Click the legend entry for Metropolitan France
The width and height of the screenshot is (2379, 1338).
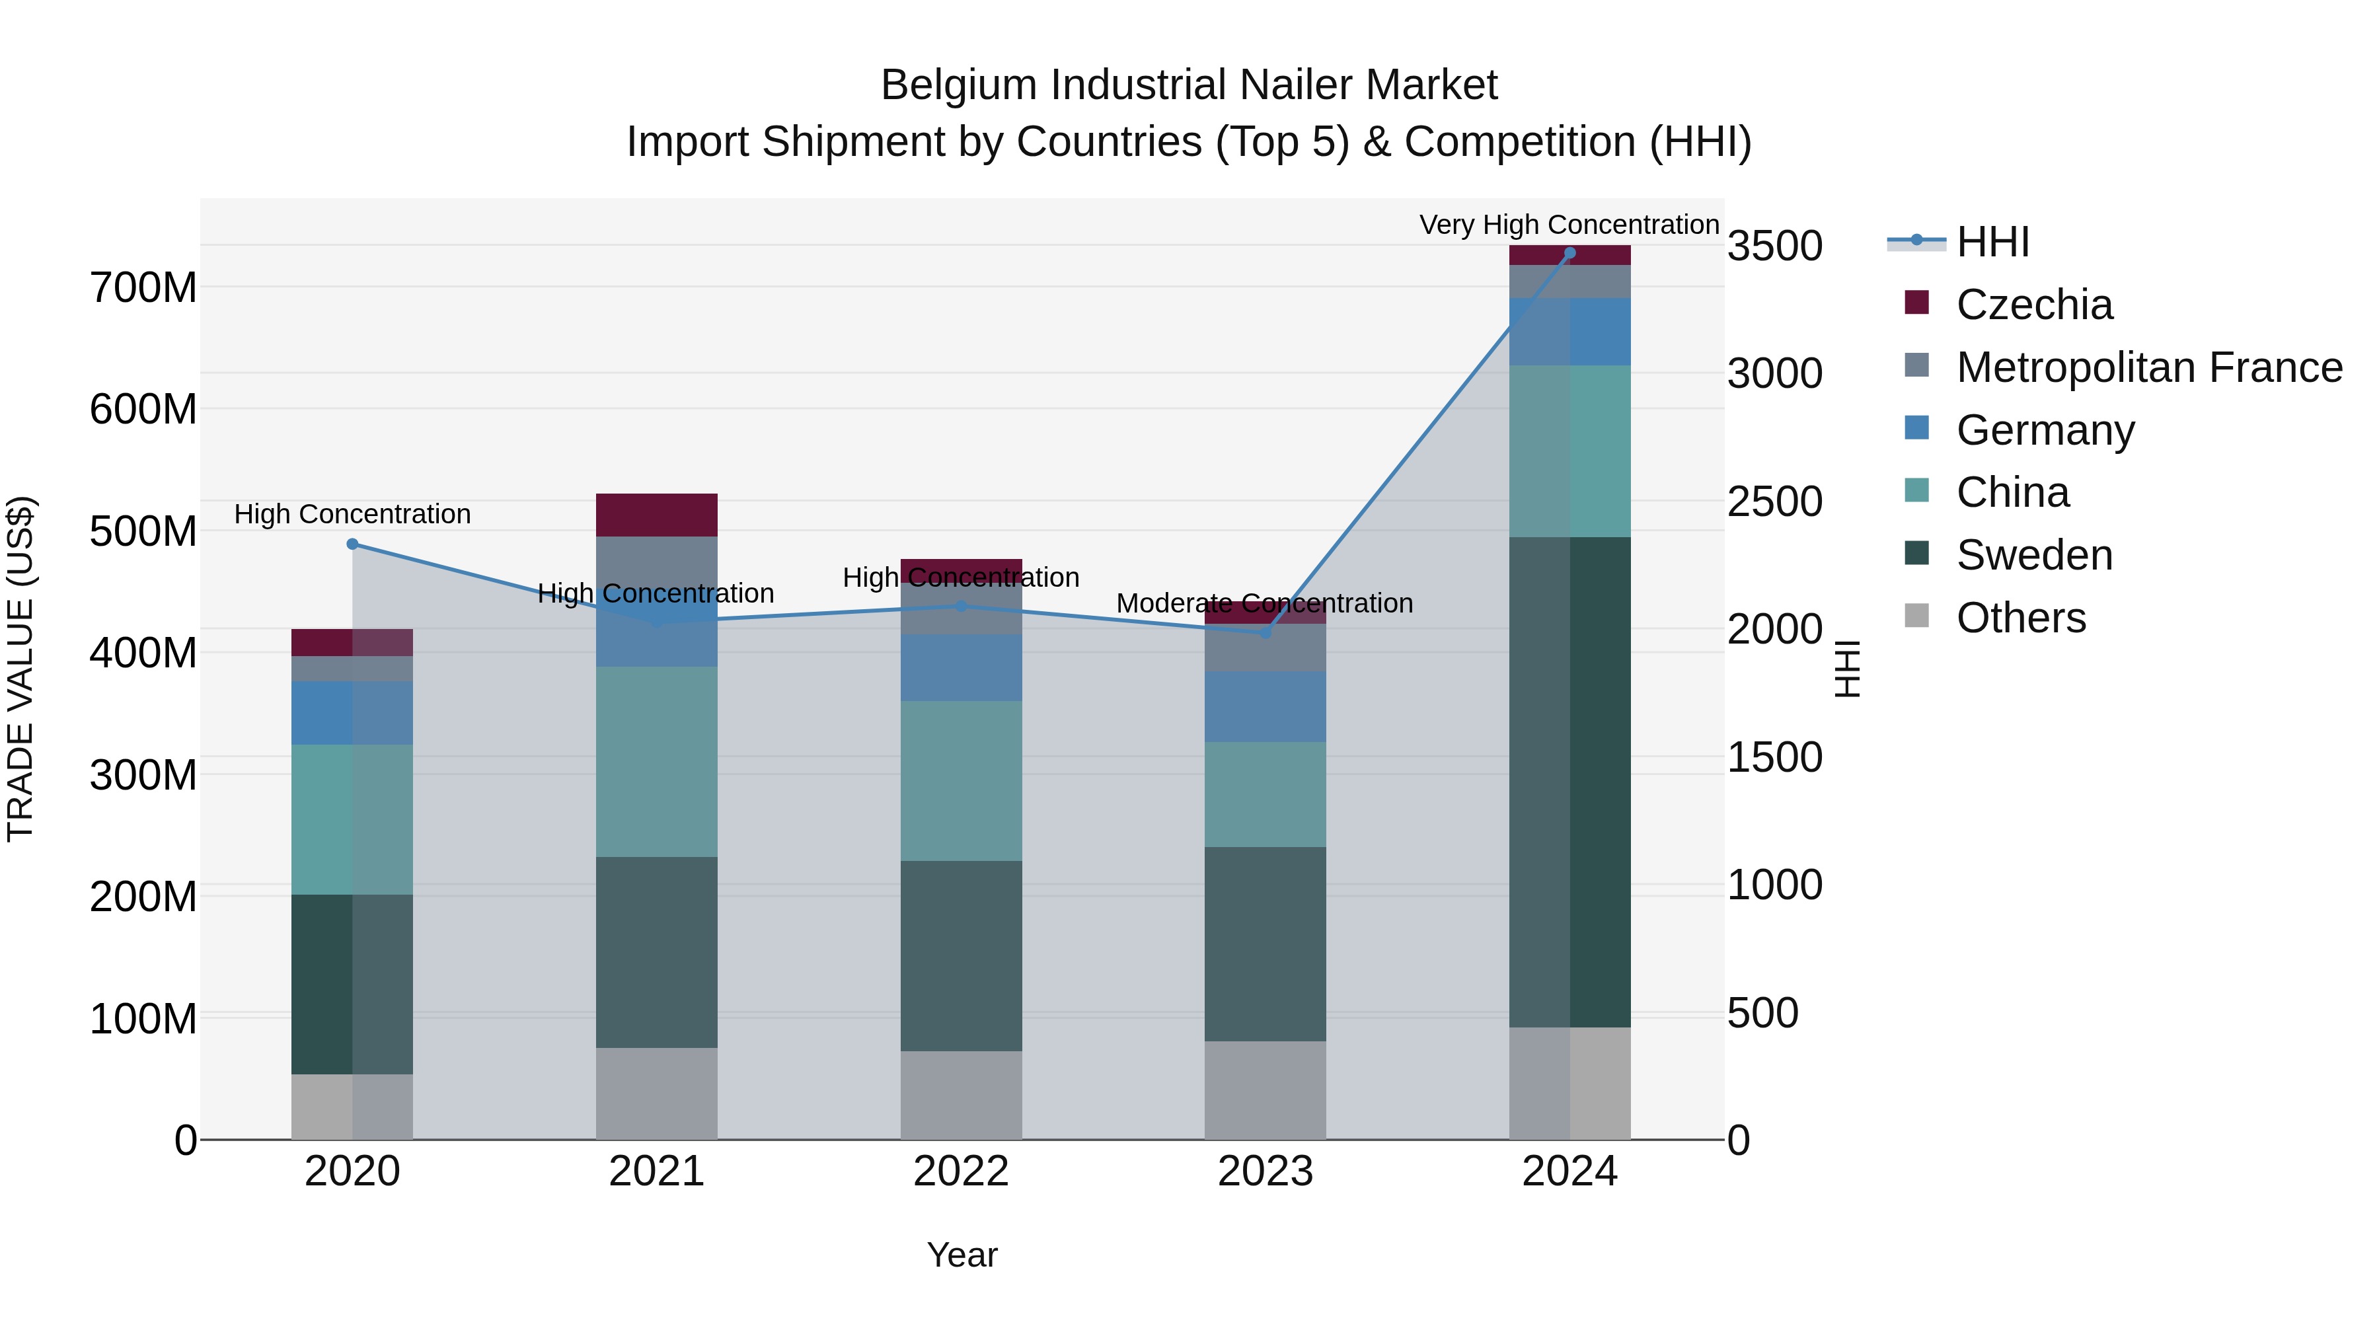click(x=2148, y=367)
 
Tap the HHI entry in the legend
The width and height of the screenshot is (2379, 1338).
click(x=1992, y=242)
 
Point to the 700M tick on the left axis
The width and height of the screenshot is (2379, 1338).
click(x=143, y=287)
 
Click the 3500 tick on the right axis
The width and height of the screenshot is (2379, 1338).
click(x=1774, y=246)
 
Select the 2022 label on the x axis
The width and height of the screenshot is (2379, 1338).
click(x=960, y=1171)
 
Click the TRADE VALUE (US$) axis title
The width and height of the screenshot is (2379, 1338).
click(x=20, y=669)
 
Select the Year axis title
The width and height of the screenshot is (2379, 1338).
click(x=962, y=1255)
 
